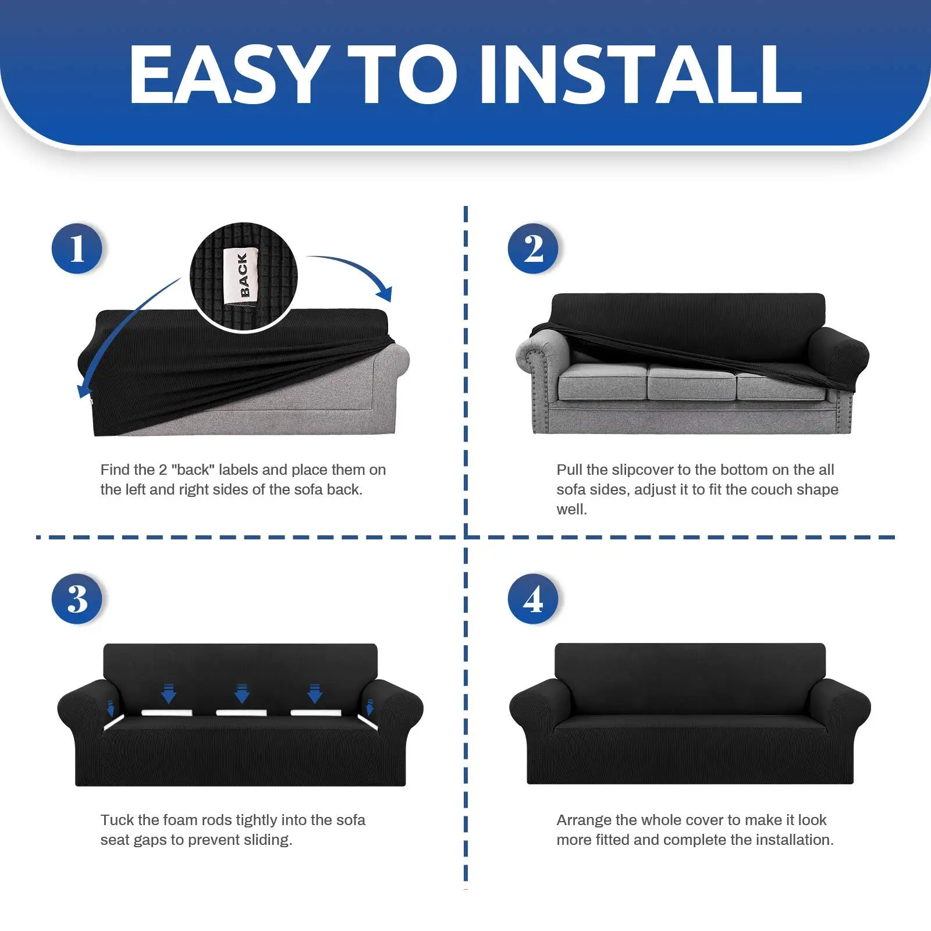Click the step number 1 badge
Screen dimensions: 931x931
(x=77, y=248)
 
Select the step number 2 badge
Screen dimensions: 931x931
(x=533, y=248)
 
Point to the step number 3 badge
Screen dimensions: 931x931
(x=77, y=599)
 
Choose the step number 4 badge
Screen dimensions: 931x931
(x=533, y=599)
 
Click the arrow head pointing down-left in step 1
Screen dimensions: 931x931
(x=85, y=389)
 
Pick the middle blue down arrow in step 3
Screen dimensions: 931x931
(x=242, y=694)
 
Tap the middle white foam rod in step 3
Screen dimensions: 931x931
(x=241, y=713)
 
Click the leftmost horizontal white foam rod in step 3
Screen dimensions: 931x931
(x=167, y=713)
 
